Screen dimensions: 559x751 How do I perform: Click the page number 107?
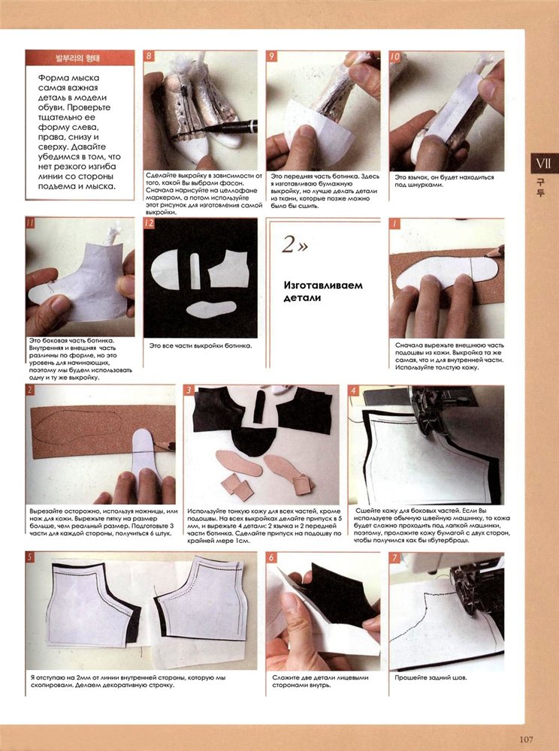tap(526, 740)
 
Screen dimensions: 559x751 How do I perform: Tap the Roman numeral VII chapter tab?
tap(544, 163)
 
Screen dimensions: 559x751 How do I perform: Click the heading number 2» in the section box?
tap(295, 244)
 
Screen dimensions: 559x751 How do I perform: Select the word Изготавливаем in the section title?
tap(323, 285)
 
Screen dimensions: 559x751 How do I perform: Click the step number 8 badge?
tap(149, 56)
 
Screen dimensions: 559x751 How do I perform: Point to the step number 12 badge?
tap(150, 223)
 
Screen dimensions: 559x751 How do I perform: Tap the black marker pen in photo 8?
tap(229, 127)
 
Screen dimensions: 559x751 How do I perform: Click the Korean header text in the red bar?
tap(80, 59)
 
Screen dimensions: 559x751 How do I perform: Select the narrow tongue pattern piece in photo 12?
tap(195, 270)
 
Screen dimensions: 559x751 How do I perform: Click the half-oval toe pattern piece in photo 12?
tap(165, 269)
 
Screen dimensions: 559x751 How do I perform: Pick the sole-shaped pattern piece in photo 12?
tap(210, 309)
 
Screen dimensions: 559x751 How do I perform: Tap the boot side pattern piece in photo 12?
tap(228, 269)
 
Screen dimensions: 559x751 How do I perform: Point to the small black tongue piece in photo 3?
tap(259, 406)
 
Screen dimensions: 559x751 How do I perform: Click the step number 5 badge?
tap(30, 556)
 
